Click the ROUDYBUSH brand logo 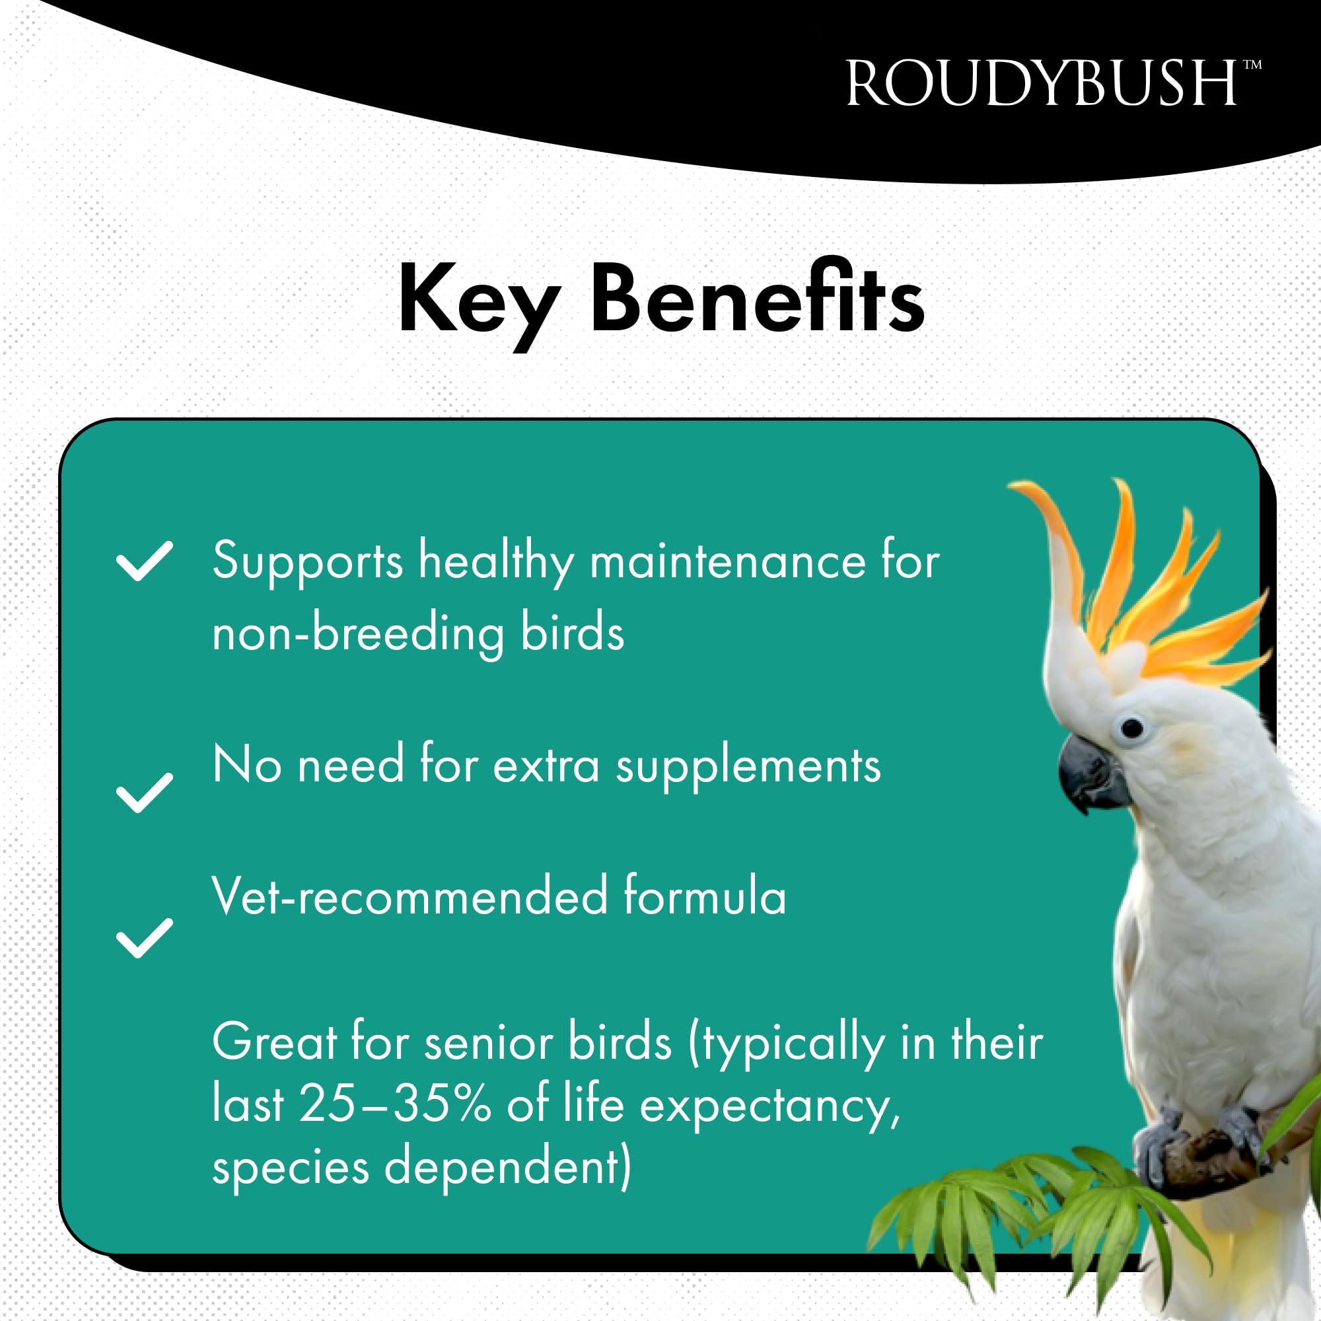pyautogui.click(x=1042, y=84)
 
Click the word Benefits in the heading pyautogui.click(x=757, y=298)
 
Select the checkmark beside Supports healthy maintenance pyautogui.click(x=144, y=561)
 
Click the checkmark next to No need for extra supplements pyautogui.click(x=144, y=793)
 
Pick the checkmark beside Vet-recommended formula pyautogui.click(x=144, y=937)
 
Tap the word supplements pyautogui.click(x=748, y=766)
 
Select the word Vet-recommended pyautogui.click(x=410, y=896)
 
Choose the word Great pyautogui.click(x=275, y=1043)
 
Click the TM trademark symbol pyautogui.click(x=1252, y=65)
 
